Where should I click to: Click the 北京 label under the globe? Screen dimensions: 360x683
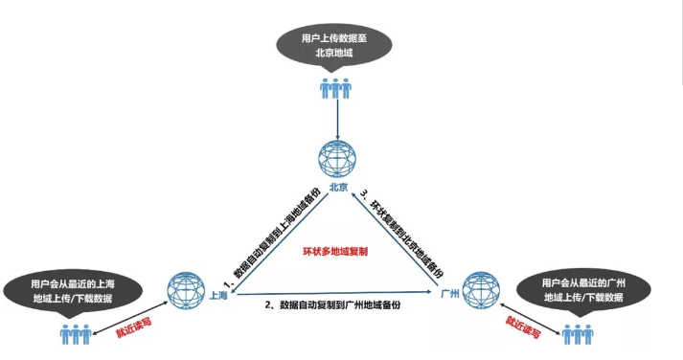coord(339,188)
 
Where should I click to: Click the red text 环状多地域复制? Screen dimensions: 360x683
coord(335,251)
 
